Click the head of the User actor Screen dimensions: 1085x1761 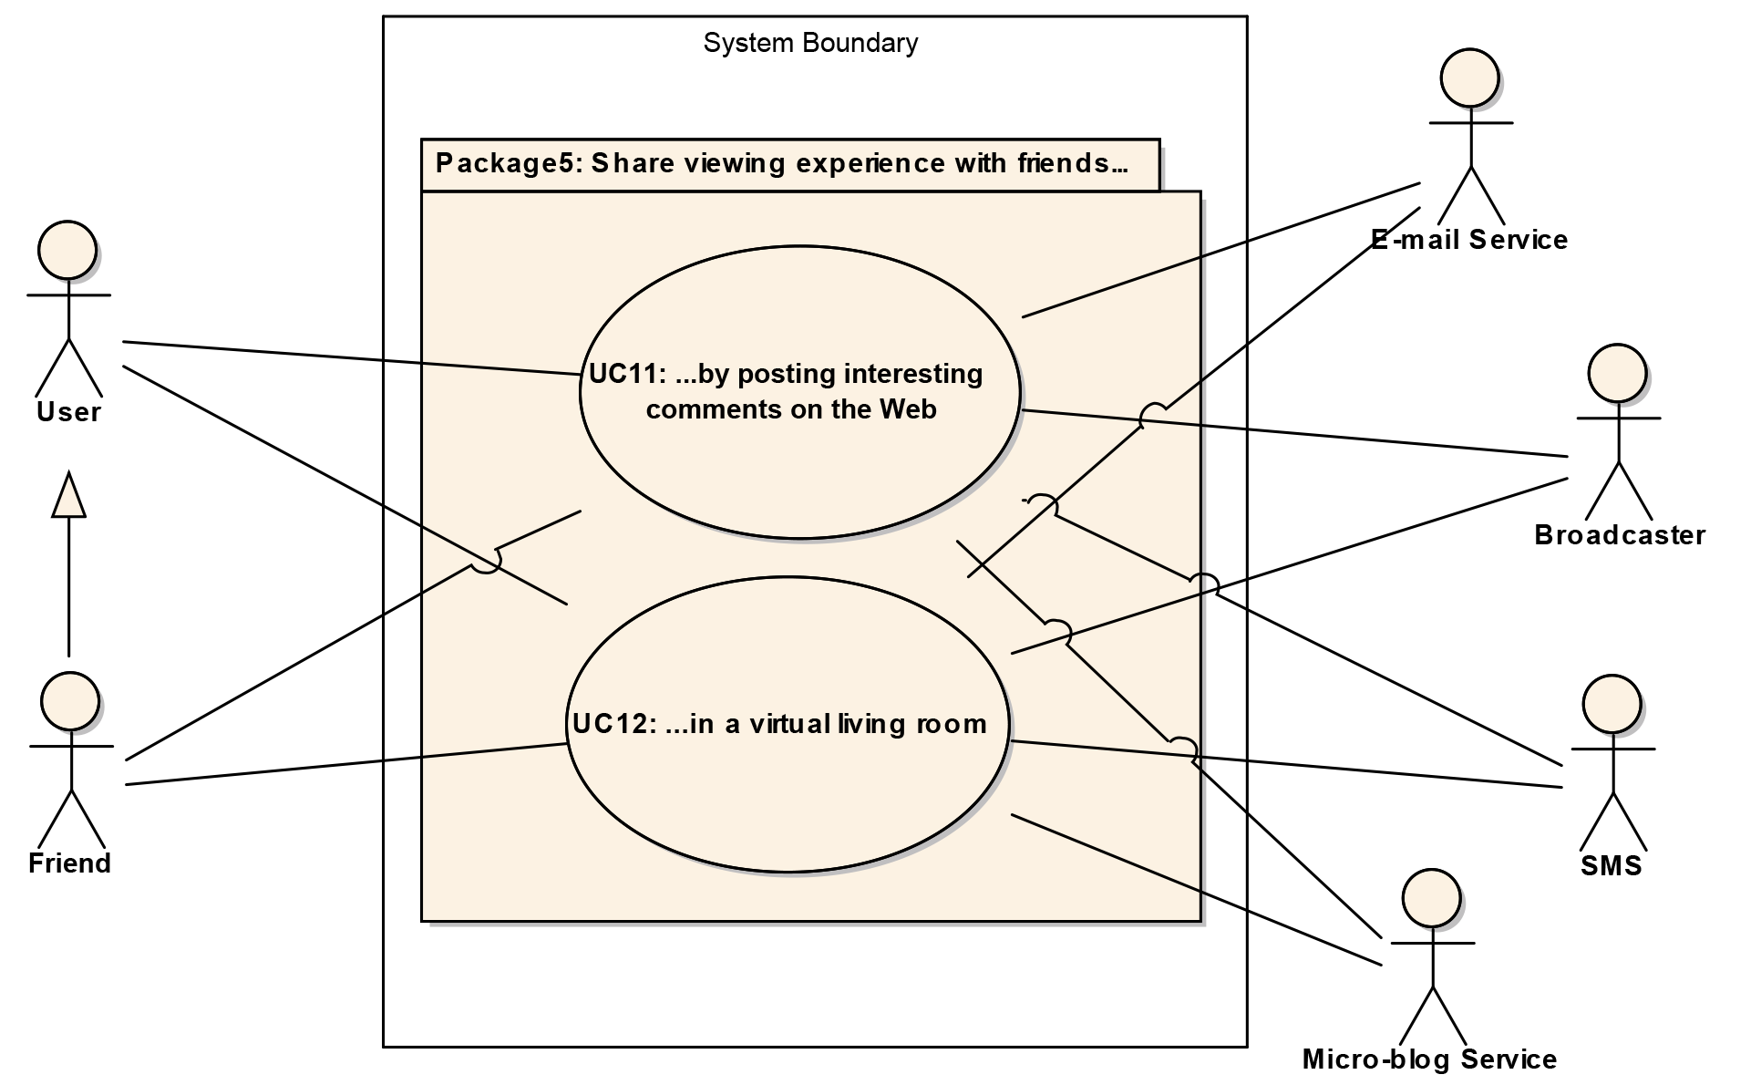[x=67, y=249]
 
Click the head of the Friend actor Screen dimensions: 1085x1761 [x=70, y=701]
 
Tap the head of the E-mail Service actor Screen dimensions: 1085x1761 [x=1469, y=77]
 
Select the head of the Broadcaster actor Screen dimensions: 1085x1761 [x=1617, y=373]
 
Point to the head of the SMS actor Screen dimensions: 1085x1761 [x=1612, y=704]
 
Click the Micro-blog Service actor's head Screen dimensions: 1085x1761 [x=1431, y=898]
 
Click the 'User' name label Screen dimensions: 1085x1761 [x=68, y=412]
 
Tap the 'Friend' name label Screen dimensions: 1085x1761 [x=69, y=863]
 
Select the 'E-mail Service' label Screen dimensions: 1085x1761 [x=1469, y=240]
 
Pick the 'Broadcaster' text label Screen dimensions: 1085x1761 [x=1620, y=535]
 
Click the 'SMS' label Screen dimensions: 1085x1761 [x=1611, y=865]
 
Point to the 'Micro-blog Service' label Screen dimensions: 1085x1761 [x=1429, y=1059]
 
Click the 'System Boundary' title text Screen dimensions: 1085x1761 [x=810, y=43]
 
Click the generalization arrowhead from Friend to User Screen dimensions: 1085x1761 [x=69, y=496]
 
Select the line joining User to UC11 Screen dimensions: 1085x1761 [x=351, y=358]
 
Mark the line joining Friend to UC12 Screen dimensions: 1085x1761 [x=346, y=764]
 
